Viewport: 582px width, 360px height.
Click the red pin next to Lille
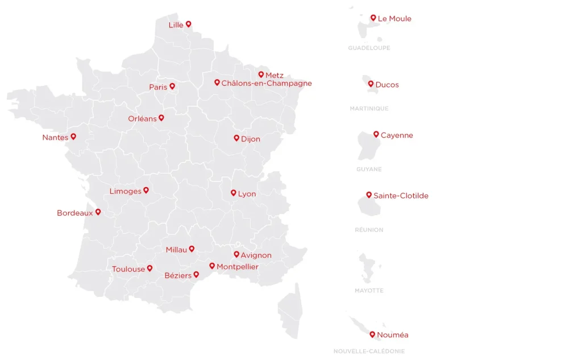[189, 24]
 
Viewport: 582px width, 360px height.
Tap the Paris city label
[158, 87]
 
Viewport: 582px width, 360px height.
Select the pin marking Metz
[261, 75]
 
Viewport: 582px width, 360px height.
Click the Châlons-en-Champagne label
[267, 83]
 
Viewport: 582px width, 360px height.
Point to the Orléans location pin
[161, 118]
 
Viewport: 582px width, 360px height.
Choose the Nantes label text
[55, 138]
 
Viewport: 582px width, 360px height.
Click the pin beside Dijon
[236, 138]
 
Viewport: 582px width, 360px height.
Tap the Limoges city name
[125, 191]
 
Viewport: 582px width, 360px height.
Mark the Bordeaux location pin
[98, 212]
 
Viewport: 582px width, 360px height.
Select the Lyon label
[247, 194]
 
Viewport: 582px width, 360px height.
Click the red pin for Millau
[192, 249]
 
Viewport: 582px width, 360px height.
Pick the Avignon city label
[256, 255]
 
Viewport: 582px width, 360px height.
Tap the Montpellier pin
[212, 266]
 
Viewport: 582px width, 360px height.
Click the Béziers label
[178, 275]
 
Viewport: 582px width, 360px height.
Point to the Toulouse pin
[150, 268]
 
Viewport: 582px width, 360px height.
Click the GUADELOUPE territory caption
[369, 48]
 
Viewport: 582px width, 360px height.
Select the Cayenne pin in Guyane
[376, 134]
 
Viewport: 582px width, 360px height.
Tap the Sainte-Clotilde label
[401, 196]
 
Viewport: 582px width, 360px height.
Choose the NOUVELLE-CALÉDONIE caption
[369, 351]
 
